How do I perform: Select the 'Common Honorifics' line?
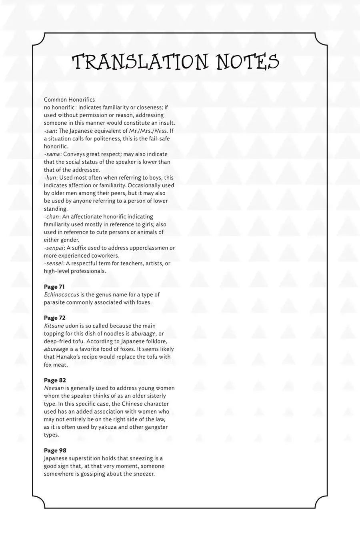[x=69, y=99]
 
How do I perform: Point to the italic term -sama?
[x=52, y=154]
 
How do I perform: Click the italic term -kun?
[x=50, y=177]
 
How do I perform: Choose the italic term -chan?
[x=52, y=216]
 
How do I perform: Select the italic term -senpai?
[x=54, y=248]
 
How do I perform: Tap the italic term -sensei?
[x=54, y=263]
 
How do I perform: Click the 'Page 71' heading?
[x=54, y=287]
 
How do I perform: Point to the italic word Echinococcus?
[x=61, y=294]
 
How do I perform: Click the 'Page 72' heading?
[x=54, y=318]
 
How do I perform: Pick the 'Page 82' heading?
[x=54, y=380]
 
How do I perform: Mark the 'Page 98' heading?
[x=55, y=451]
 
